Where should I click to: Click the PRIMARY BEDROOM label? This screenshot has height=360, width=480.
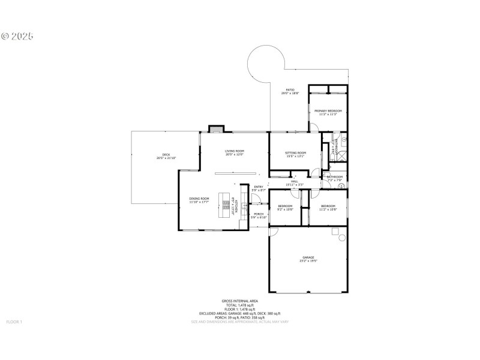[328, 111]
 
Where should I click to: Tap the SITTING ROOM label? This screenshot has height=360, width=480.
[295, 153]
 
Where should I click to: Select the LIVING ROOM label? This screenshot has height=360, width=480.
[235, 151]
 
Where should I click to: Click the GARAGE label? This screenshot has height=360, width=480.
[308, 257]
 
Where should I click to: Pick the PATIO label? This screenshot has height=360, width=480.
[290, 90]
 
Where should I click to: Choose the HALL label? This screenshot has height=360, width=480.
[295, 181]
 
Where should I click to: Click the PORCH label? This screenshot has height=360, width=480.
[259, 214]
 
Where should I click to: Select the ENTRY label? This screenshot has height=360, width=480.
[259, 187]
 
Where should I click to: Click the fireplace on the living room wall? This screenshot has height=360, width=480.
[216, 129]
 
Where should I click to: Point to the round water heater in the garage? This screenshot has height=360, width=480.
[343, 238]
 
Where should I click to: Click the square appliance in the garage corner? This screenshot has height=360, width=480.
[336, 231]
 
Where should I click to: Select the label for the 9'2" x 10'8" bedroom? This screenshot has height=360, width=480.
[285, 206]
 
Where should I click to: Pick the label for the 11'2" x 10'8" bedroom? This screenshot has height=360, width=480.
[328, 206]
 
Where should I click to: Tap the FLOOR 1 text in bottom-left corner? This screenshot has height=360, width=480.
[14, 322]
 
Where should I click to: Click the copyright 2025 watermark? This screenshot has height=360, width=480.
[17, 36]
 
